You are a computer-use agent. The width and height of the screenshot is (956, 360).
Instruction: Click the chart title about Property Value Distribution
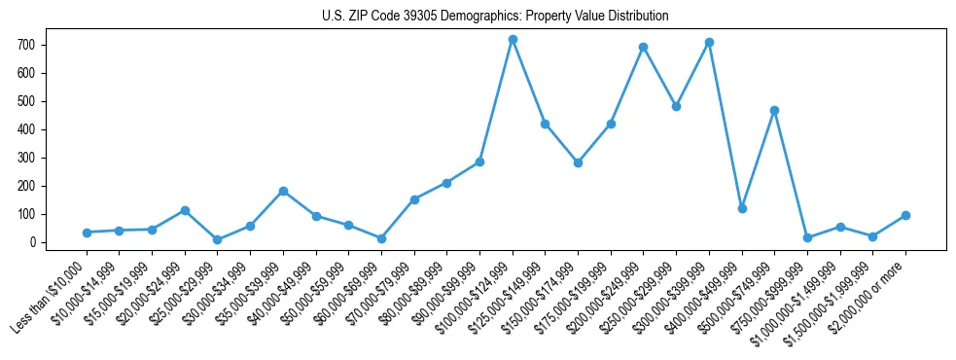(495, 17)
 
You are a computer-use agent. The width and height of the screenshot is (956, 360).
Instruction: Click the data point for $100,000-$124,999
(513, 39)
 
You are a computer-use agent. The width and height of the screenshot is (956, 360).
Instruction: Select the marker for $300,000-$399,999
(709, 42)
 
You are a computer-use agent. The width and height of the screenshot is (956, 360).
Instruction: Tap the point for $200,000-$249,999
(643, 47)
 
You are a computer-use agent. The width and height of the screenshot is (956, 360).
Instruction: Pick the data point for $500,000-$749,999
(774, 110)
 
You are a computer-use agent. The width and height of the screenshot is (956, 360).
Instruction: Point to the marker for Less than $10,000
(87, 233)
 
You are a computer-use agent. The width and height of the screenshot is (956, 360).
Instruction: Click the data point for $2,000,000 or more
(905, 215)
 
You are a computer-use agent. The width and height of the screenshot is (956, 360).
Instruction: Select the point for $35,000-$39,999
(283, 191)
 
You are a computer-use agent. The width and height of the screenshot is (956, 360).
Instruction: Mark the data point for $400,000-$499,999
(742, 208)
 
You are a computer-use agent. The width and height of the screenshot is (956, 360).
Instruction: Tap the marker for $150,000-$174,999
(578, 162)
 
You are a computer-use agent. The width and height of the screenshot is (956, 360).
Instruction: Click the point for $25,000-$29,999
(217, 239)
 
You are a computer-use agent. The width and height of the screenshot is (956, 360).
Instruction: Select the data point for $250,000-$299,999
(676, 106)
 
